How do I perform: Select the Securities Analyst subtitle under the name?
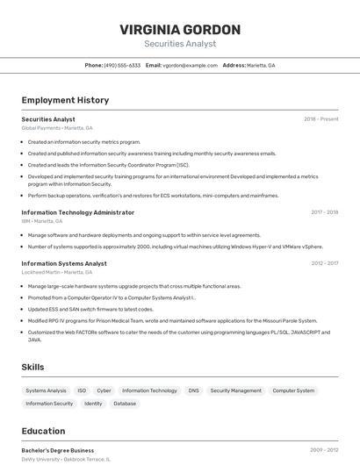(x=179, y=44)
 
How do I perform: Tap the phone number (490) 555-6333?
(x=122, y=65)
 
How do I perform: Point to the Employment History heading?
(x=65, y=100)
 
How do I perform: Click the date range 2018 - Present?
(x=320, y=119)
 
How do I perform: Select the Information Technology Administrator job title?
(x=77, y=212)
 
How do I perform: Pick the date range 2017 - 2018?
(x=324, y=212)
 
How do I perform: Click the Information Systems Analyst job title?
(x=64, y=263)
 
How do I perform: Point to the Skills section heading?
(x=32, y=367)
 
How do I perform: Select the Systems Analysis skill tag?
(x=46, y=390)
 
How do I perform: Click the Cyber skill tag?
(x=104, y=390)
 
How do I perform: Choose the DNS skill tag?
(x=193, y=390)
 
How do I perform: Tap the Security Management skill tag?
(x=235, y=390)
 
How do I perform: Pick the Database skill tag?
(x=125, y=404)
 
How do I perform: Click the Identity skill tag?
(x=93, y=404)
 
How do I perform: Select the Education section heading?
(x=43, y=431)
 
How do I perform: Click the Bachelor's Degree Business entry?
(x=57, y=450)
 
